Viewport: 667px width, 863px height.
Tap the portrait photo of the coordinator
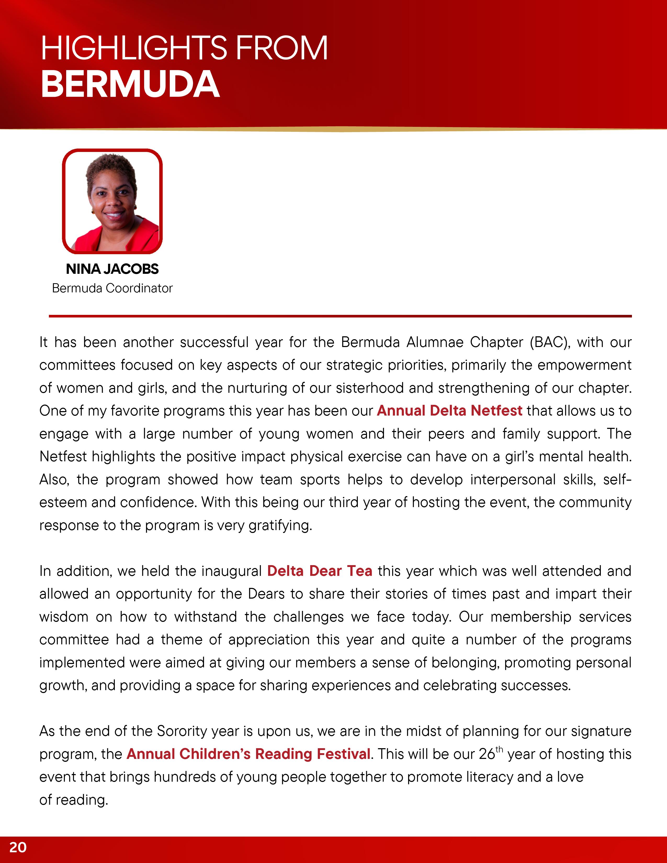click(112, 202)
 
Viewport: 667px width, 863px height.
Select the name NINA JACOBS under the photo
click(112, 269)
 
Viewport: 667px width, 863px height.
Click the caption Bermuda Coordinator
click(112, 288)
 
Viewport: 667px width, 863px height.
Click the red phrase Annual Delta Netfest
click(449, 411)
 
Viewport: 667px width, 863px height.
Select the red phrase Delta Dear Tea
click(319, 571)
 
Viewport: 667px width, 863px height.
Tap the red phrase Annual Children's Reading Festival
click(248, 754)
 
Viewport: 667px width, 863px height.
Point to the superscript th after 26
click(499, 749)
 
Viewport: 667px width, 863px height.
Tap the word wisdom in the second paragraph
click(64, 617)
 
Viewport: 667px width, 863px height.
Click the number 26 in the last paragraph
click(487, 754)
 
